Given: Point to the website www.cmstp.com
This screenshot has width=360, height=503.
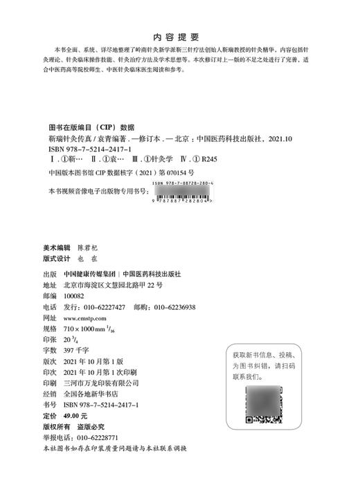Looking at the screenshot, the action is (89, 318).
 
